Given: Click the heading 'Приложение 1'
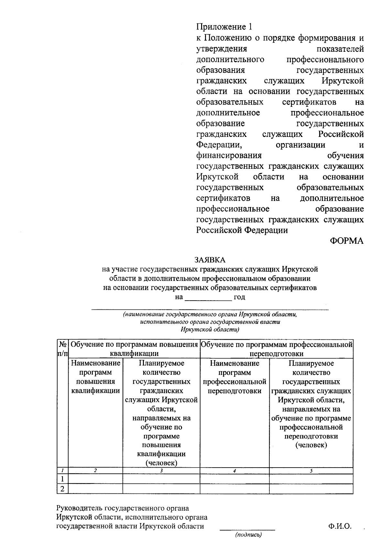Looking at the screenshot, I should point(223,27).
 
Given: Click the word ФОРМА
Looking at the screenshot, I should point(347,241).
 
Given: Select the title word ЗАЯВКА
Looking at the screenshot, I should point(210,260).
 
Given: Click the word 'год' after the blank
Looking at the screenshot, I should point(239,297).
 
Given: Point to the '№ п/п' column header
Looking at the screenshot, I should point(62,349).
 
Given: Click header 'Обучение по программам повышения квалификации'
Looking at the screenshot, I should point(134,349).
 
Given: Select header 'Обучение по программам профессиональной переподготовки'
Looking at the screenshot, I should point(276,349).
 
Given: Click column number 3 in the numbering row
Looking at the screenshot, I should point(161,471).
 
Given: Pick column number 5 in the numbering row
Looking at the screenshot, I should point(311,471).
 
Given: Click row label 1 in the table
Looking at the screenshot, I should point(62,479).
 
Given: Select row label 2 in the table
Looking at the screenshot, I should point(62,489).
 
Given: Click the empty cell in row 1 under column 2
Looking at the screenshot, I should point(95,479).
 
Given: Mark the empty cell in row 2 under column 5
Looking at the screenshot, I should point(311,489).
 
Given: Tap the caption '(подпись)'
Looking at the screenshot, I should point(248,535).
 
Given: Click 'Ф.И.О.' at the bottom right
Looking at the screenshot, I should point(339,526).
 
